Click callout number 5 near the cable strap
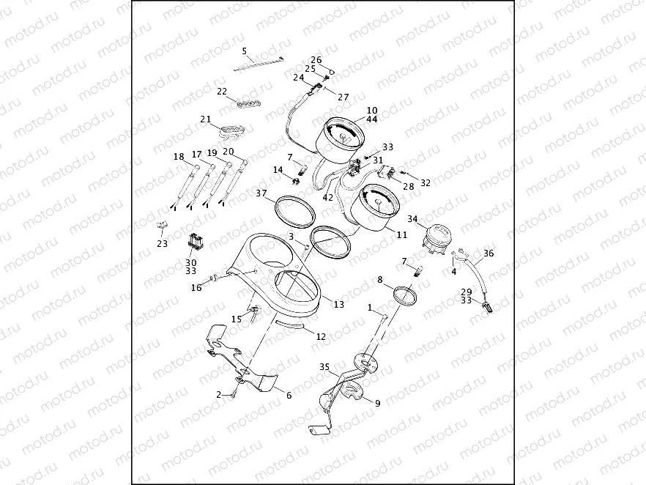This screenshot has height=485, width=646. (245, 51)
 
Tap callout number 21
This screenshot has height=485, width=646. (206, 119)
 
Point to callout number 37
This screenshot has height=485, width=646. (261, 193)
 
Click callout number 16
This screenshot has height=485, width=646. (196, 288)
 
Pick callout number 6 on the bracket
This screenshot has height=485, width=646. (289, 395)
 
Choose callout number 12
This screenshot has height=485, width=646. (321, 336)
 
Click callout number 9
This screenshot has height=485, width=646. (378, 402)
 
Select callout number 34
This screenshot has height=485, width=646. (412, 218)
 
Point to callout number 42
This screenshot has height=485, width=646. (327, 196)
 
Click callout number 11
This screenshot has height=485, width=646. (401, 234)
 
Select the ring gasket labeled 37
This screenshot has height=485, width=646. (292, 211)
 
